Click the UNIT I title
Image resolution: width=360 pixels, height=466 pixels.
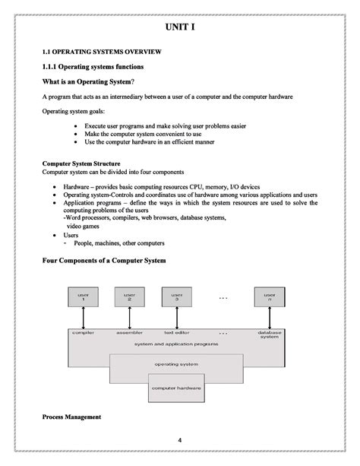(x=180, y=28)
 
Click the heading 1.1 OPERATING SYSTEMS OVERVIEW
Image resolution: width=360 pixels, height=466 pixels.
(x=101, y=52)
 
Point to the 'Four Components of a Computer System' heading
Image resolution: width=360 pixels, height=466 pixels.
(x=103, y=261)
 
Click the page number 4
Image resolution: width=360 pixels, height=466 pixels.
(x=180, y=441)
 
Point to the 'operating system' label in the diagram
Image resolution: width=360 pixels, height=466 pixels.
(x=177, y=364)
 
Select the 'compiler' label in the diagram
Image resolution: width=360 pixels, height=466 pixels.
(x=83, y=332)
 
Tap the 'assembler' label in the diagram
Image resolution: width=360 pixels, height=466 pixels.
(x=130, y=332)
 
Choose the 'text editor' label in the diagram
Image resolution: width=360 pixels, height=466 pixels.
(x=177, y=332)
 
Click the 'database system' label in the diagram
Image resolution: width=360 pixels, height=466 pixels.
(x=269, y=334)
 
